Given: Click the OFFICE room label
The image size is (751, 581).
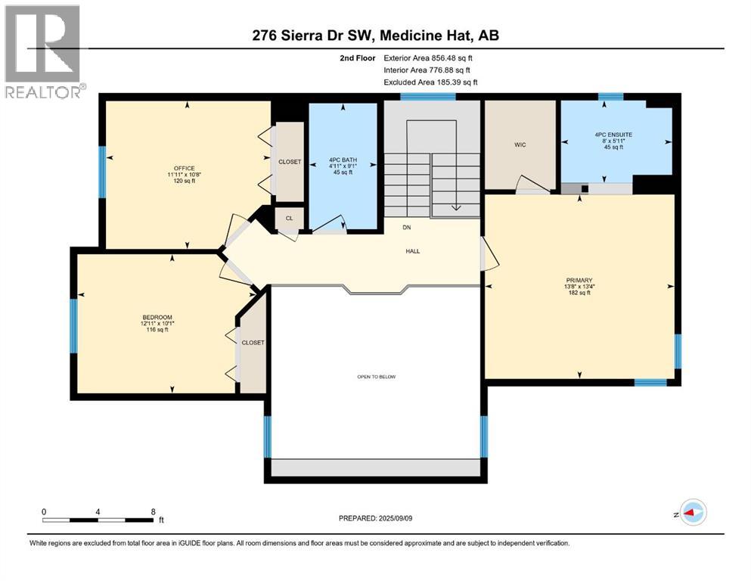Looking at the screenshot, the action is [x=185, y=168].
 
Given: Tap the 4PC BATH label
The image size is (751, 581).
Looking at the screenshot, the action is [x=343, y=160].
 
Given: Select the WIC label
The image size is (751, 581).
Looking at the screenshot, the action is [x=520, y=144].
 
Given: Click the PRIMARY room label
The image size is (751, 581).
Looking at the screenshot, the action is [x=579, y=280].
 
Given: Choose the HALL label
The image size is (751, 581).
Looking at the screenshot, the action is [x=413, y=251].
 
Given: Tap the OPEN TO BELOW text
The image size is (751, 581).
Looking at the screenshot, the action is [x=377, y=377].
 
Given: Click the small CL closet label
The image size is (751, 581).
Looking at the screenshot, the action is [x=290, y=218].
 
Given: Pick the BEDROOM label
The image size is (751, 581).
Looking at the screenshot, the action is [x=157, y=317].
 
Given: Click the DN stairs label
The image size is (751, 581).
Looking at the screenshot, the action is [x=407, y=228].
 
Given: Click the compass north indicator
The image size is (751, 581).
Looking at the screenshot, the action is [x=690, y=513].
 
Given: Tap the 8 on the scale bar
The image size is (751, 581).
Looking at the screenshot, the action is [x=154, y=511].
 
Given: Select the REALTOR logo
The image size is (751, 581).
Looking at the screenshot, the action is [x=44, y=51].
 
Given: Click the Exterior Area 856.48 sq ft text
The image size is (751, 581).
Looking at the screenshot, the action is [x=428, y=58].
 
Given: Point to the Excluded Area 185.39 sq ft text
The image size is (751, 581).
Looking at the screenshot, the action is [x=430, y=82].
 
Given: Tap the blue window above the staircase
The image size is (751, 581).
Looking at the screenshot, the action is [x=428, y=96].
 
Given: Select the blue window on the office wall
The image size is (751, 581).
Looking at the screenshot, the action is [x=102, y=172].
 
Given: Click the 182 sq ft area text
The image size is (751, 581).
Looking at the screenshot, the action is [x=579, y=293].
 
